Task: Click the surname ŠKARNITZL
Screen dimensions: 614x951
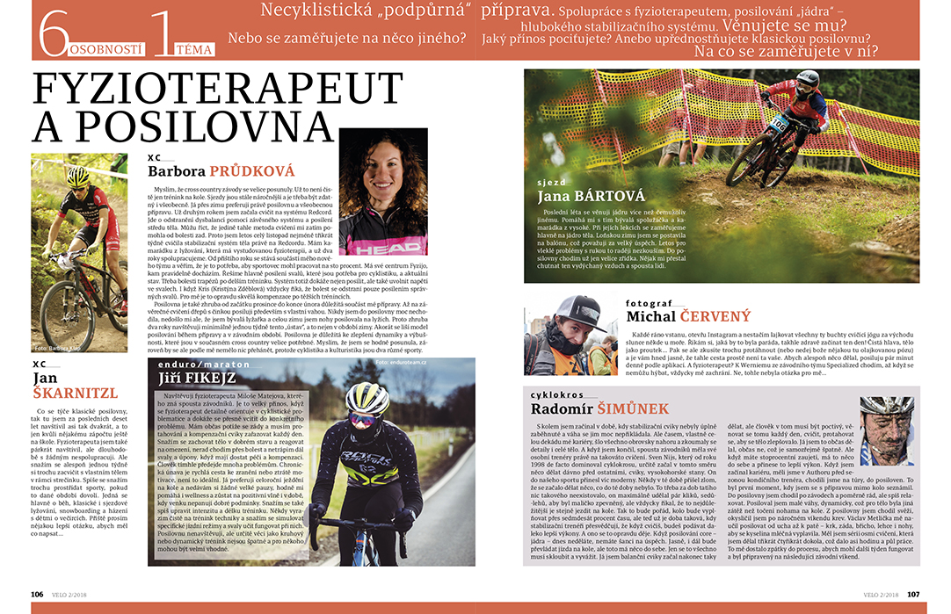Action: click(x=74, y=393)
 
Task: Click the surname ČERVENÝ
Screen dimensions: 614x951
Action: click(x=715, y=316)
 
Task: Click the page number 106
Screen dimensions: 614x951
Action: click(x=38, y=594)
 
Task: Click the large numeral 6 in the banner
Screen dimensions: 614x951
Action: click(x=53, y=34)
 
